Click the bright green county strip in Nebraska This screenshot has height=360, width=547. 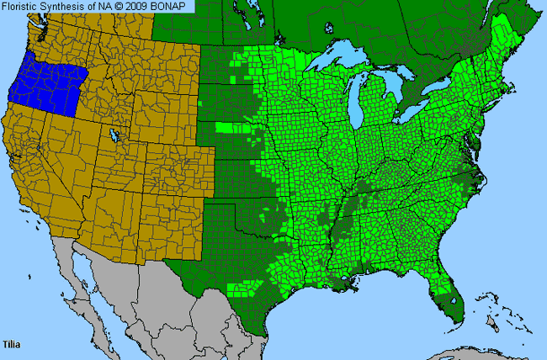click(x=236, y=128)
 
